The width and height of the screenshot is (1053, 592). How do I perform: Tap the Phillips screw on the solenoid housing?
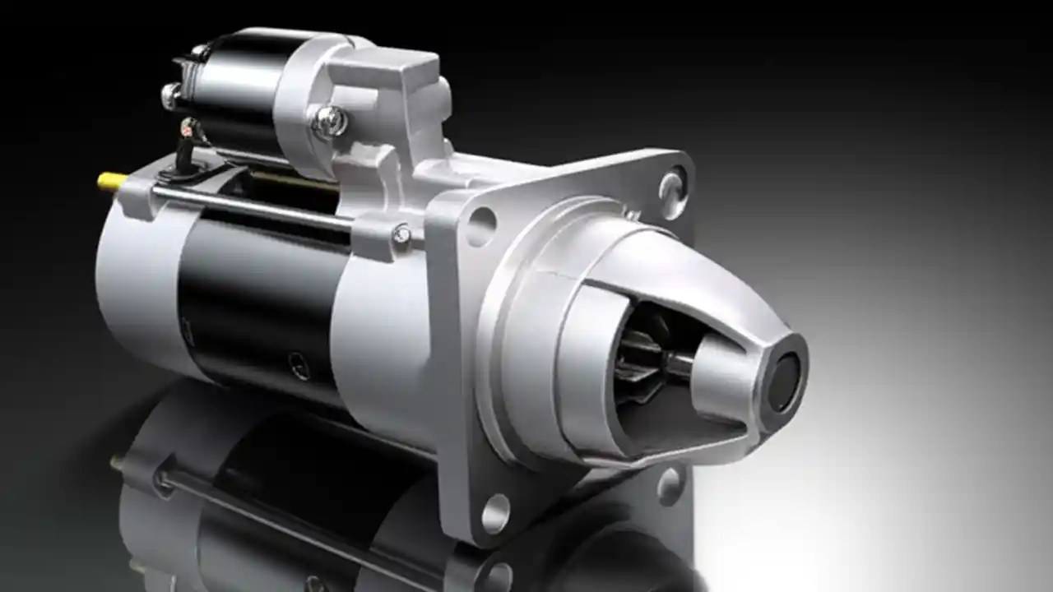coord(330,121)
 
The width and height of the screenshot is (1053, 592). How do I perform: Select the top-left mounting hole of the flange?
coord(481,224)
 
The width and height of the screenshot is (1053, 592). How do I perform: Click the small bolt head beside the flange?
coord(401,236)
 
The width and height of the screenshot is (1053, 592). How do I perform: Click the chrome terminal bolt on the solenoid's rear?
coord(170,95)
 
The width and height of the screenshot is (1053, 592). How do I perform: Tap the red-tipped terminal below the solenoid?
coord(190,127)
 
